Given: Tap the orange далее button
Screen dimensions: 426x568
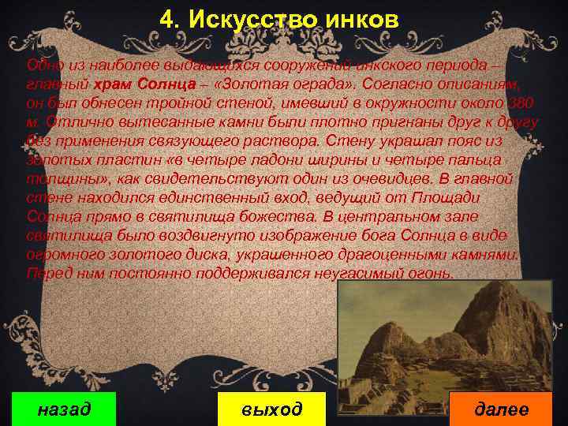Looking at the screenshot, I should pos(501,409).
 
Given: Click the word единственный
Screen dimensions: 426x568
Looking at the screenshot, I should pos(208,198).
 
